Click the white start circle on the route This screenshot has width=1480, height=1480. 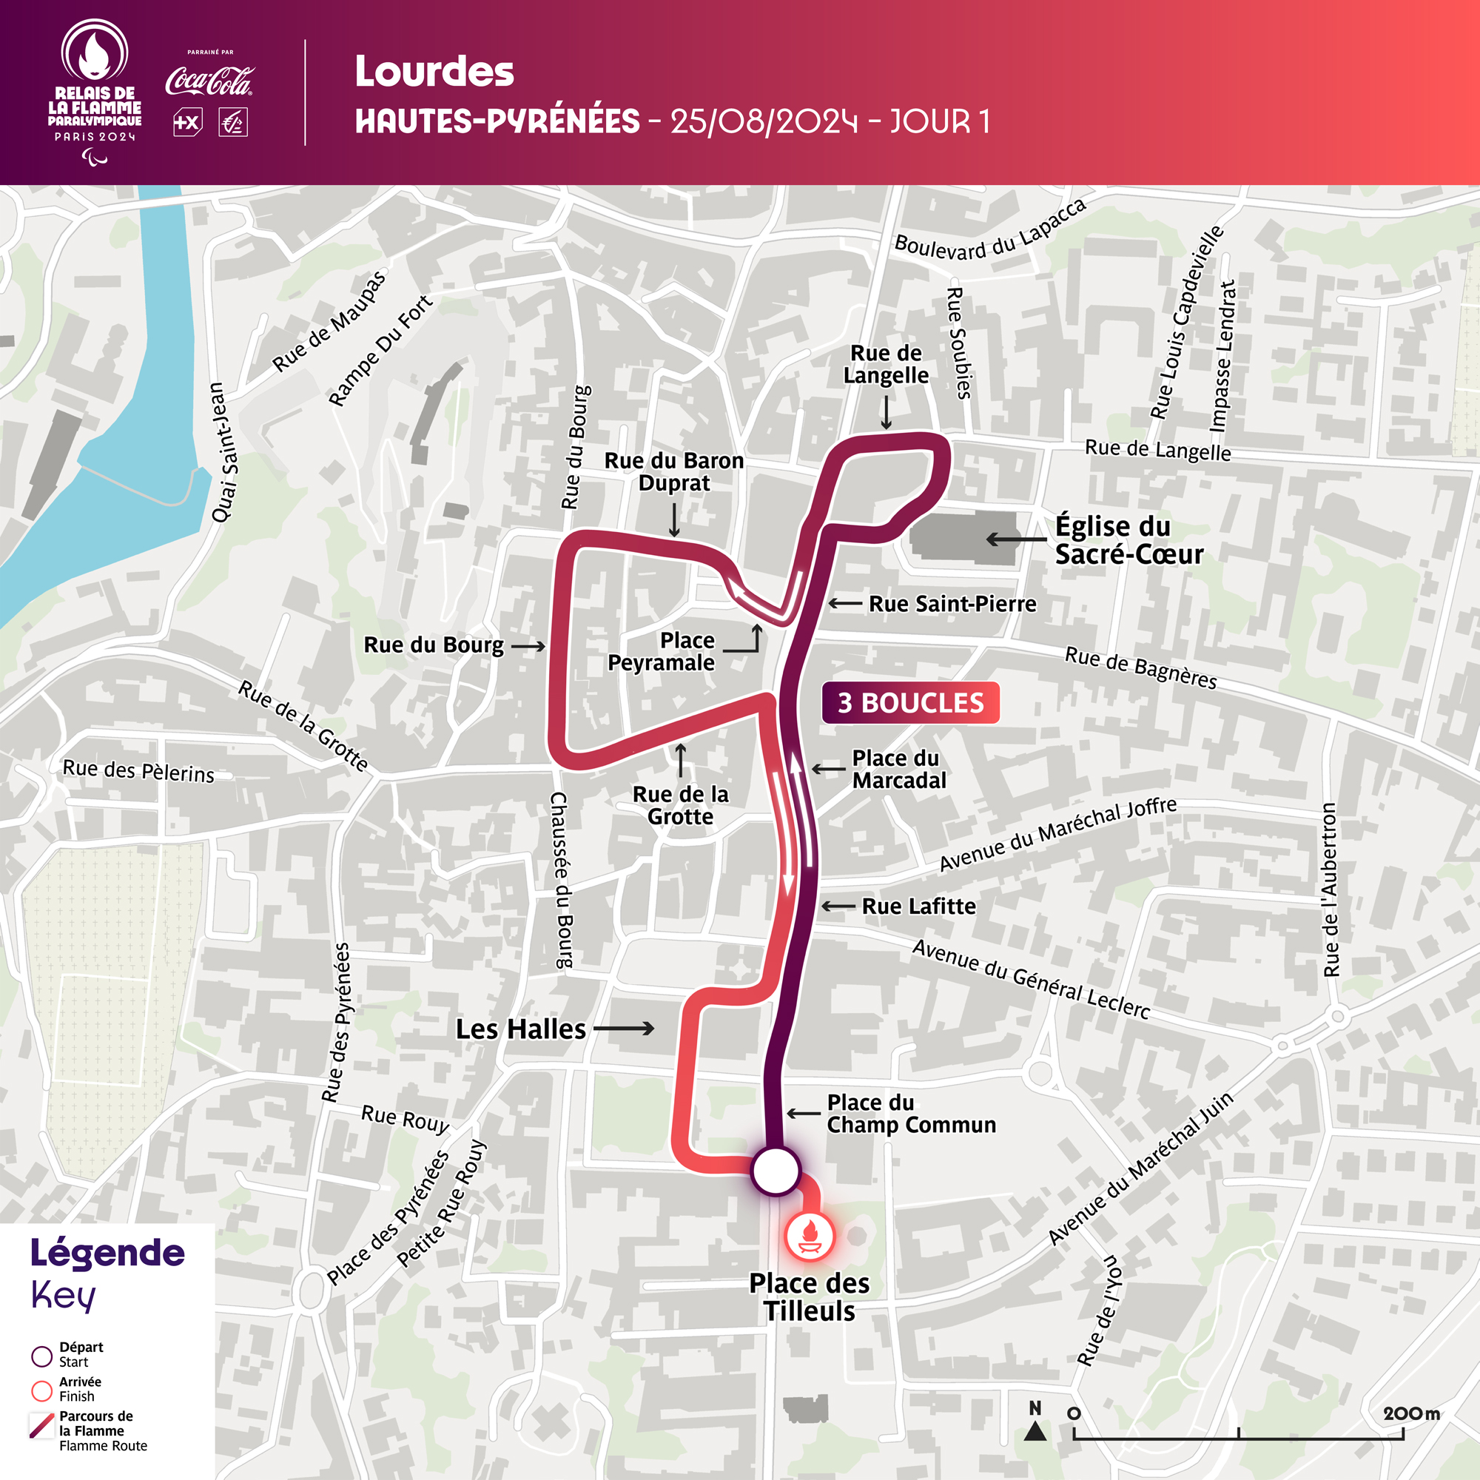click(x=776, y=1171)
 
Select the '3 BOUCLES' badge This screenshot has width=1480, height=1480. click(x=910, y=702)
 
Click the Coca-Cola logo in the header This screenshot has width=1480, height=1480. click(x=209, y=81)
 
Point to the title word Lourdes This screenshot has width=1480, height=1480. click(x=434, y=72)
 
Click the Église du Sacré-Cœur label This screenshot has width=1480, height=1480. click(x=1128, y=540)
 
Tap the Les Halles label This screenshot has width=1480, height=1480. click(x=520, y=1029)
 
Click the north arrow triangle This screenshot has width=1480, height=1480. click(x=1035, y=1430)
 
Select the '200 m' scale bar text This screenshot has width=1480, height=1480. click(x=1411, y=1413)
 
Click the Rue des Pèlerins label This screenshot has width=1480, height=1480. click(x=138, y=770)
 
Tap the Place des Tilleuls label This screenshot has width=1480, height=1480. click(x=809, y=1297)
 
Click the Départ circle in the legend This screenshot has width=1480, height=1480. click(x=41, y=1356)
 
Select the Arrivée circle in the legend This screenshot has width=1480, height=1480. click(x=41, y=1391)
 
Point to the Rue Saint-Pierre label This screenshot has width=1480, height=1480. click(x=952, y=604)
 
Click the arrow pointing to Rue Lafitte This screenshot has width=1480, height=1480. click(x=838, y=906)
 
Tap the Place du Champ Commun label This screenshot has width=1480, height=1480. click(x=910, y=1113)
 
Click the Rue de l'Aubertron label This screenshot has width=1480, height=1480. click(x=1331, y=889)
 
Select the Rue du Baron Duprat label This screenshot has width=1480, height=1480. click(x=673, y=471)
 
